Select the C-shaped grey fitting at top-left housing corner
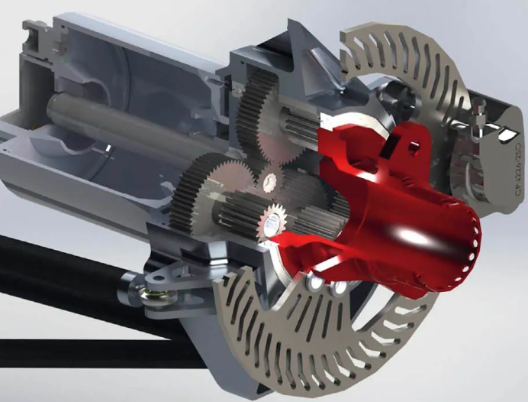[x=35, y=34]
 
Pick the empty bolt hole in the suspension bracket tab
[x=165, y=275]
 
